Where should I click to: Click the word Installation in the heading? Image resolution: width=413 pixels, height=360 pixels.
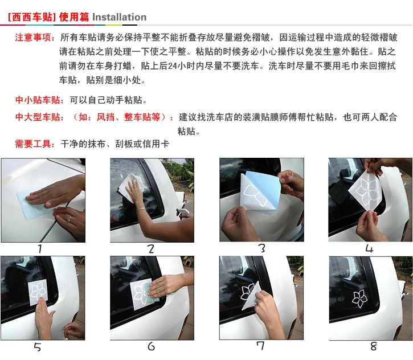pyautogui.click(x=119, y=17)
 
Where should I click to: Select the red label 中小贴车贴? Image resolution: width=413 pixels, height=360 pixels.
pyautogui.click(x=38, y=100)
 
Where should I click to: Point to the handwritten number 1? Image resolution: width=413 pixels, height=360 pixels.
pyautogui.click(x=40, y=248)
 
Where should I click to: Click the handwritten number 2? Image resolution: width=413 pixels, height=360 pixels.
pyautogui.click(x=150, y=249)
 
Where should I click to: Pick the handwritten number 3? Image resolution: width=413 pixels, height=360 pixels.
pyautogui.click(x=261, y=248)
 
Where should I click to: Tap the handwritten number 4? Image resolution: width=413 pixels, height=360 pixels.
pyautogui.click(x=369, y=248)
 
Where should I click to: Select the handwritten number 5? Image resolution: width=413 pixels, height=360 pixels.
pyautogui.click(x=38, y=347)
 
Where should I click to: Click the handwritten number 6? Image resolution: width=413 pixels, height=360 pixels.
pyautogui.click(x=151, y=346)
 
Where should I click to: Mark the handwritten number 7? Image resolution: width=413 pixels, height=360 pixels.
pyautogui.click(x=260, y=346)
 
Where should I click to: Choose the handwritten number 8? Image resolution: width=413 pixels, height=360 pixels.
pyautogui.click(x=374, y=346)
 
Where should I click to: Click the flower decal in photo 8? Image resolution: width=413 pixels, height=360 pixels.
pyautogui.click(x=360, y=298)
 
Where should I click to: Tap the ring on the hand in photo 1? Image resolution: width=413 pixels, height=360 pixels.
pyautogui.click(x=69, y=219)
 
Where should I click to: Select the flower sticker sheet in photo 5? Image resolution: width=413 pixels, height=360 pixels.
pyautogui.click(x=38, y=292)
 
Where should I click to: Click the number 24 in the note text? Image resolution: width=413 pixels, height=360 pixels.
pyautogui.click(x=172, y=66)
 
